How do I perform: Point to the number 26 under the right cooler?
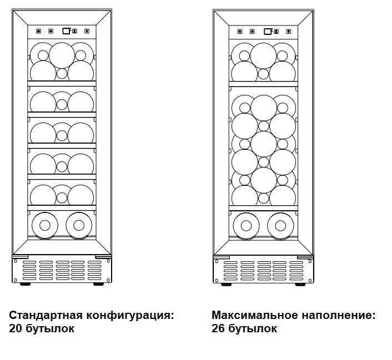[218, 328]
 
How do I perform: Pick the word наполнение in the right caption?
[336, 316]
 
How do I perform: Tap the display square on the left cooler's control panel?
[66, 31]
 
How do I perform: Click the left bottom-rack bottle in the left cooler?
[45, 225]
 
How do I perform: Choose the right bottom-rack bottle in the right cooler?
[280, 225]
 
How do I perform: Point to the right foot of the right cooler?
[303, 284]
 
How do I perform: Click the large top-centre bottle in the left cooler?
[62, 55]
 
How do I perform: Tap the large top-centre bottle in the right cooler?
[263, 55]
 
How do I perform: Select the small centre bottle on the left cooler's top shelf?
[62, 73]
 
